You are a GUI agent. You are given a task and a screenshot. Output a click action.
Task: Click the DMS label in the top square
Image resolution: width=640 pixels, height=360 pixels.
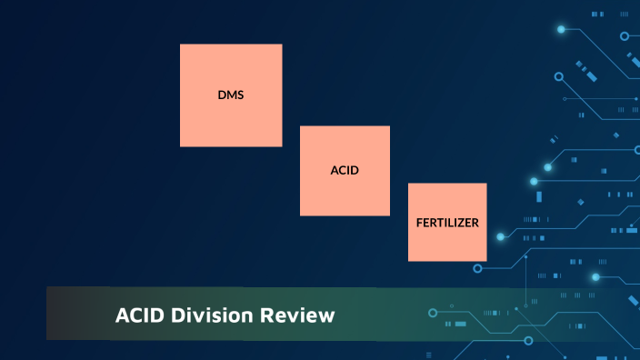click(231, 95)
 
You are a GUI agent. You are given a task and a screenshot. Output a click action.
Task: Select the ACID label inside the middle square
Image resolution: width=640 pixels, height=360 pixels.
click(345, 170)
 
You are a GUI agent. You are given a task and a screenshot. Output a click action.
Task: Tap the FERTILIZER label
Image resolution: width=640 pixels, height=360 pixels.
click(446, 222)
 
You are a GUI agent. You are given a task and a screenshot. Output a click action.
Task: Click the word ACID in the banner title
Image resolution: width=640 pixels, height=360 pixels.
click(139, 316)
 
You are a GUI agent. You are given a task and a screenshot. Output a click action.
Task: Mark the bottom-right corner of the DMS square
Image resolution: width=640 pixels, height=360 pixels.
click(282, 146)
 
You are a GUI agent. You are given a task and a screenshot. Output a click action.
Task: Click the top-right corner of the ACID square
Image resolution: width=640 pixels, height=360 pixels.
click(389, 126)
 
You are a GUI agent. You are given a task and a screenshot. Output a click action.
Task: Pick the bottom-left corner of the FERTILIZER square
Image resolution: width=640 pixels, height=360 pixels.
click(408, 261)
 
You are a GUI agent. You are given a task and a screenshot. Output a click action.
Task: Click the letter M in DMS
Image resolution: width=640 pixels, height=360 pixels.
click(231, 95)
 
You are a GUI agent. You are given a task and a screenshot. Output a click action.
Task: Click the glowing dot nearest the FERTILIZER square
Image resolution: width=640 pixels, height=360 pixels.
click(500, 236)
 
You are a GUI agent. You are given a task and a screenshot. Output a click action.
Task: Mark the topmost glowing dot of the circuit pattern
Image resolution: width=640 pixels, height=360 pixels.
click(561, 29)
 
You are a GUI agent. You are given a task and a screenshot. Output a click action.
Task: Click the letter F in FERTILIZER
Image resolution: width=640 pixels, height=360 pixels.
click(419, 222)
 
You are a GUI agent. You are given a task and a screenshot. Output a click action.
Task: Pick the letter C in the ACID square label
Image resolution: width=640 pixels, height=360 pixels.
click(342, 170)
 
